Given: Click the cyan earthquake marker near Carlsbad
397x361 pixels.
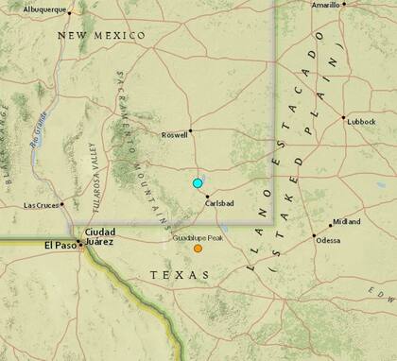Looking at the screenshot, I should pyautogui.click(x=198, y=182).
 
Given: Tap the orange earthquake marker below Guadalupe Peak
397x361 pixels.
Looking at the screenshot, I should pyautogui.click(x=198, y=249).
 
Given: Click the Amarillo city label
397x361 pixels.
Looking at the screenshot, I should pyautogui.click(x=326, y=6).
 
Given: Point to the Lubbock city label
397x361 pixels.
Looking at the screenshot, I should pyautogui.click(x=360, y=125).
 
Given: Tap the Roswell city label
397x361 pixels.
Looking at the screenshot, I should pyautogui.click(x=175, y=134).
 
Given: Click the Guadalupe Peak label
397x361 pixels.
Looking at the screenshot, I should pyautogui.click(x=198, y=238).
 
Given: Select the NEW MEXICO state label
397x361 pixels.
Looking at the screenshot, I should pyautogui.click(x=101, y=36).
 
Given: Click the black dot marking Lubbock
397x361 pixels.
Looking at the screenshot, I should pyautogui.click(x=343, y=118).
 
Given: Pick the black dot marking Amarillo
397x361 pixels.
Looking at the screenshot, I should pyautogui.click(x=344, y=4).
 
